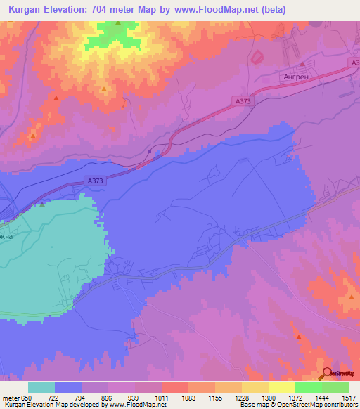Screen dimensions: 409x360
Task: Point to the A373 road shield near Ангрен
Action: pyautogui.click(x=243, y=101)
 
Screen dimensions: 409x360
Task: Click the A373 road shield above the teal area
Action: pyautogui.click(x=96, y=181)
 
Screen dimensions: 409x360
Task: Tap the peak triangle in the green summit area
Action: pyautogui.click(x=118, y=23)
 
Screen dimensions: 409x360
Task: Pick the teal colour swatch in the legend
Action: pyautogui.click(x=41, y=387)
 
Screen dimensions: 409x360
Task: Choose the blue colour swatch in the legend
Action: pyautogui.click(x=68, y=387)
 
